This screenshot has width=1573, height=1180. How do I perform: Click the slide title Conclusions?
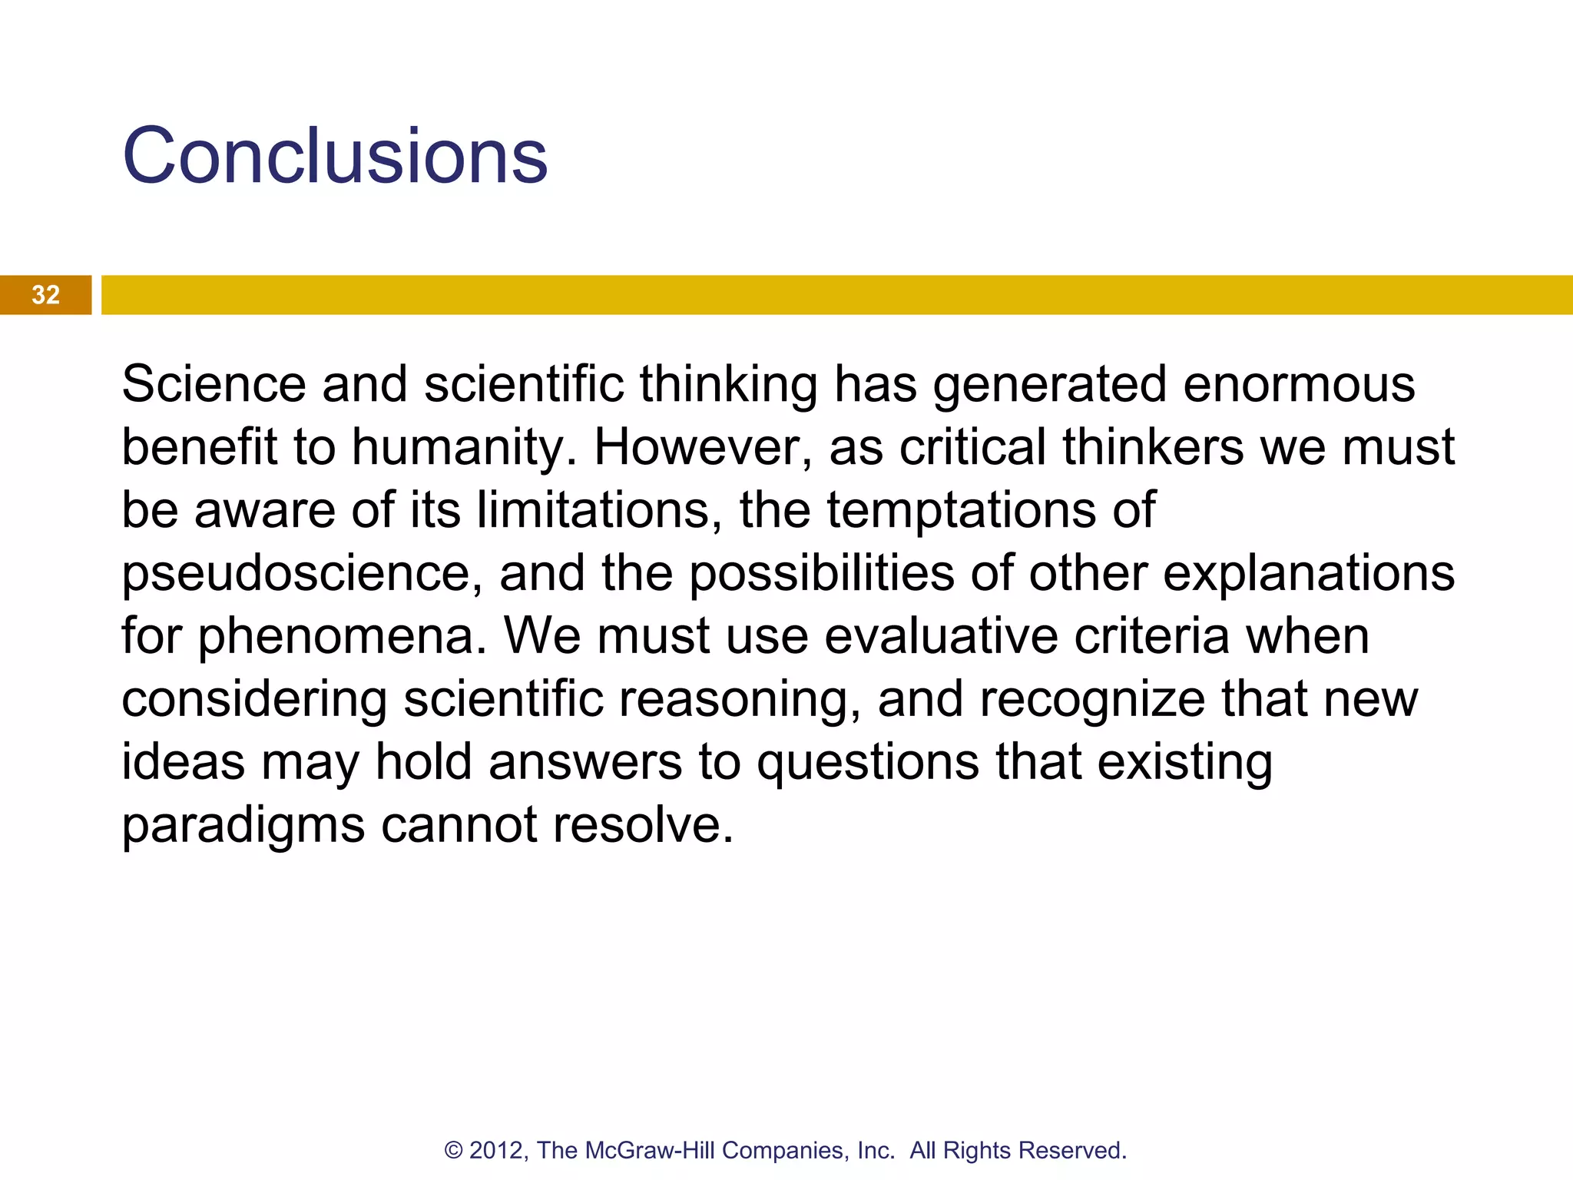click(x=335, y=156)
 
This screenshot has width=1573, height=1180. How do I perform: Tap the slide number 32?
click(x=45, y=295)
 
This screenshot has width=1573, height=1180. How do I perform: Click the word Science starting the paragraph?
click(x=214, y=383)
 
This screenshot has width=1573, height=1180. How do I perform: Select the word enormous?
click(x=1299, y=383)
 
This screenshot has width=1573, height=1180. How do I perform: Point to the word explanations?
click(x=1309, y=574)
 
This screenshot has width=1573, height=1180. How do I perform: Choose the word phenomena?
click(x=343, y=636)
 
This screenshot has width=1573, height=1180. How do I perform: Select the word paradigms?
click(x=243, y=827)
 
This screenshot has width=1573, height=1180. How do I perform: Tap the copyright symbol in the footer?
click(x=454, y=1151)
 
